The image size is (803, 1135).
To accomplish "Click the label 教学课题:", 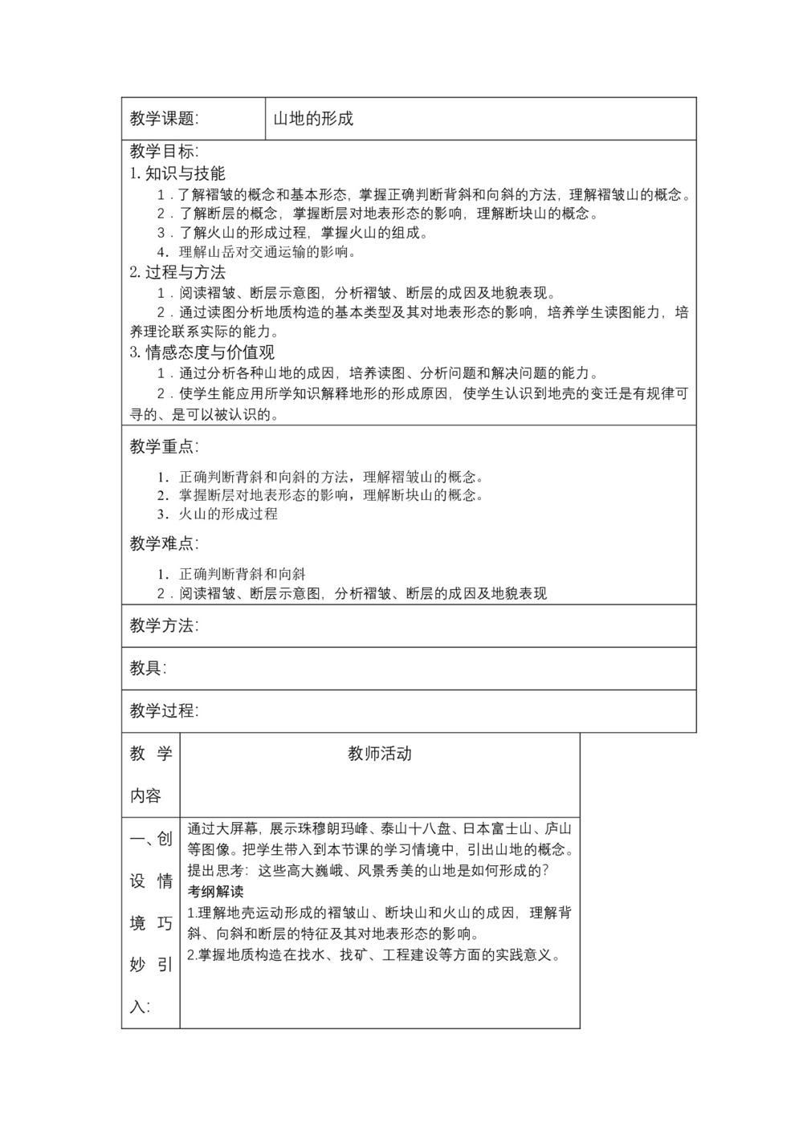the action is pos(164,119).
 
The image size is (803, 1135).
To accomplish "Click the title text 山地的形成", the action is pos(313,119).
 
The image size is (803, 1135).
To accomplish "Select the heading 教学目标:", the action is pos(164,152).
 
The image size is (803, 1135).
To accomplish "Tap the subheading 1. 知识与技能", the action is pos(177,173).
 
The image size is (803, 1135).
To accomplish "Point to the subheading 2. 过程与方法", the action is pos(177,272).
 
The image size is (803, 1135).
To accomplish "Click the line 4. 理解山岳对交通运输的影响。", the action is pos(257,252).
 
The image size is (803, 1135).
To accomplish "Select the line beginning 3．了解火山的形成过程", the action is pos(293,233).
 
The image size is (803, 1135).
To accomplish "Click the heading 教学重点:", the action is pos(164,446).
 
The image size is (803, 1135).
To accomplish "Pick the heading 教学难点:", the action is pos(164,543).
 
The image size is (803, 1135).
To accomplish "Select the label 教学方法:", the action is pos(164,625).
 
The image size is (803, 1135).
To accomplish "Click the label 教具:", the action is pos(148,668).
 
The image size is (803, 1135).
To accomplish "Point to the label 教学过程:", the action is pos(164,710).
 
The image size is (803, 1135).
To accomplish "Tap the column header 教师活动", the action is pos(380,753).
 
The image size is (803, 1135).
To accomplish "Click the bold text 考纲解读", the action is pos(215,892).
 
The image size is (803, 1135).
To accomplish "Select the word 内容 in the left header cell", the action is pos(145,795).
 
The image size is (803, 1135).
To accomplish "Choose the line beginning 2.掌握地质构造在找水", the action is pos(373,954).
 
